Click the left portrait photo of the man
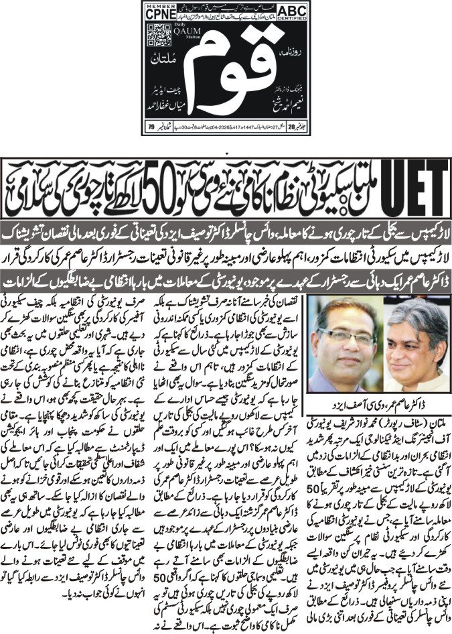pos(351,346)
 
